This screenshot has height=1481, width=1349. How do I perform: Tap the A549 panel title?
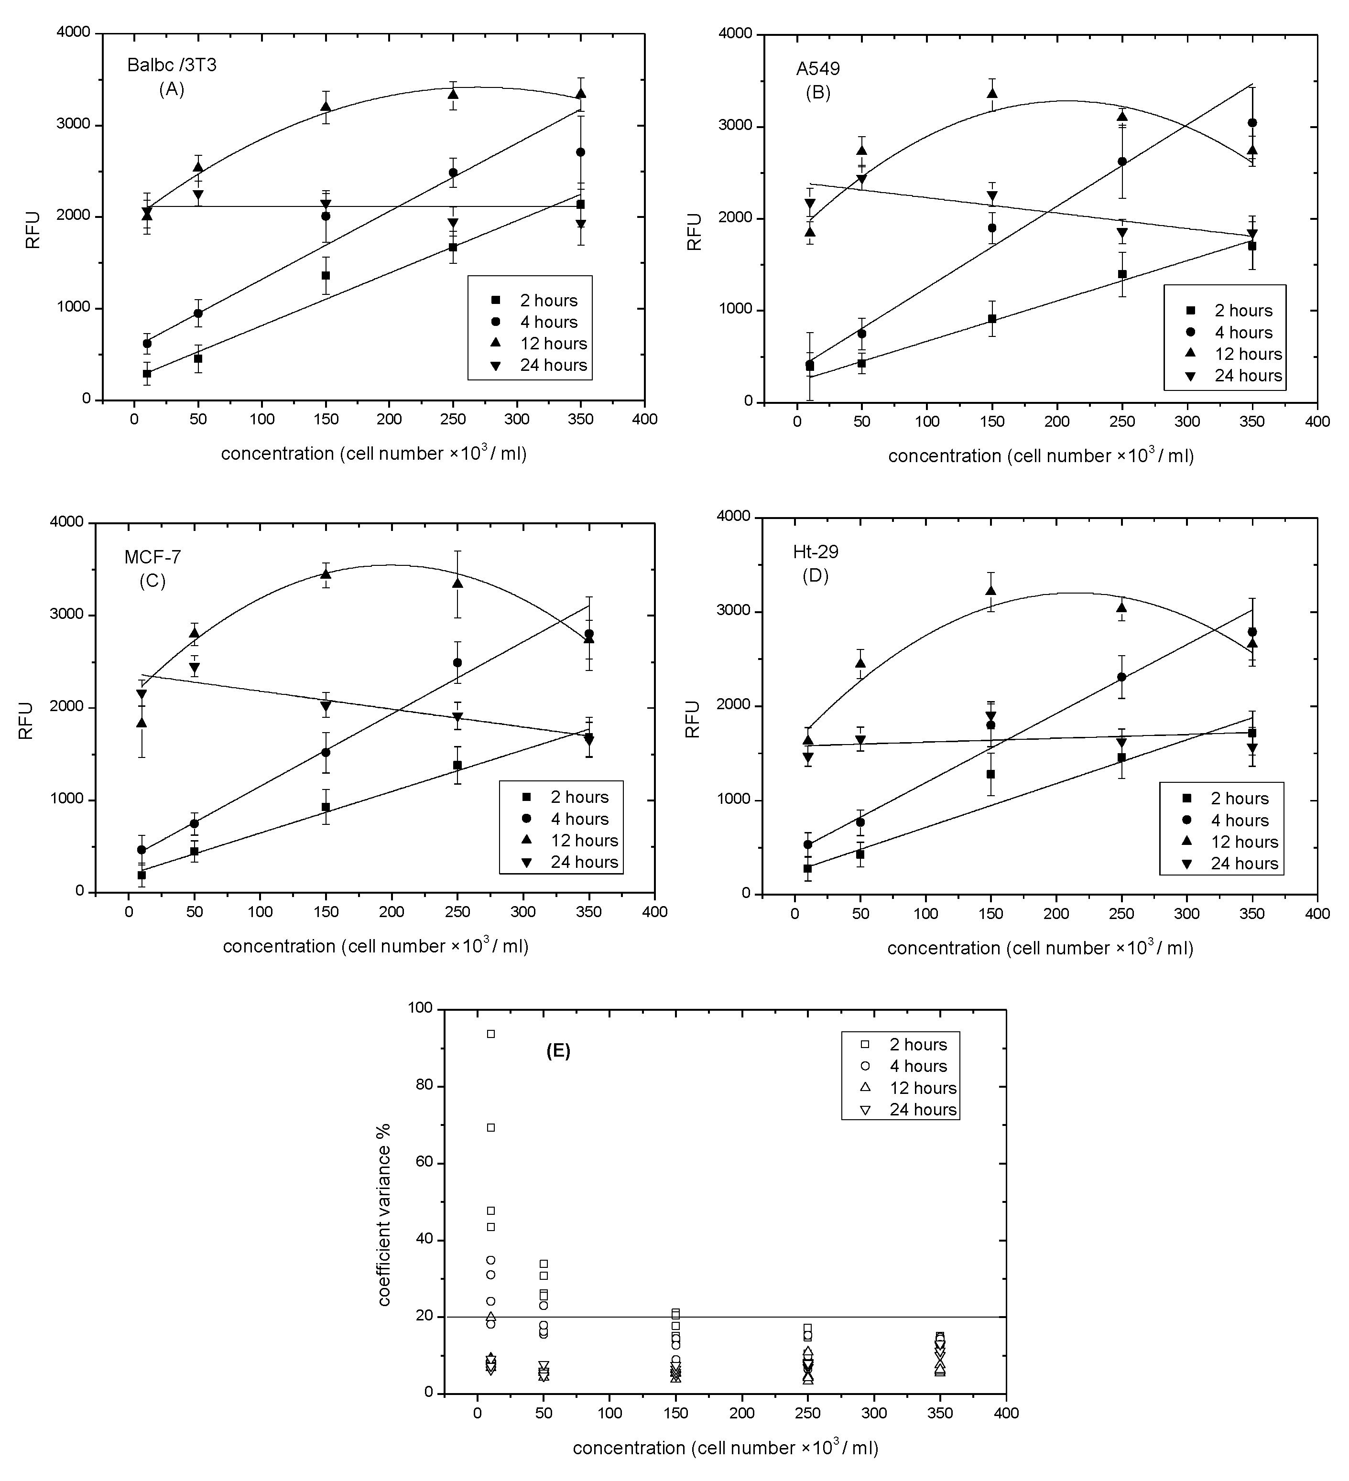[818, 69]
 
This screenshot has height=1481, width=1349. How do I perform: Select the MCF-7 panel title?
[152, 557]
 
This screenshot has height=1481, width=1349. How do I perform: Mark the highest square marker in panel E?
[491, 1034]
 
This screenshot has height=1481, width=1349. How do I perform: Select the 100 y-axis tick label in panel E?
[423, 1009]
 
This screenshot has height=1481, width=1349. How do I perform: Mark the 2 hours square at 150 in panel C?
[326, 807]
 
